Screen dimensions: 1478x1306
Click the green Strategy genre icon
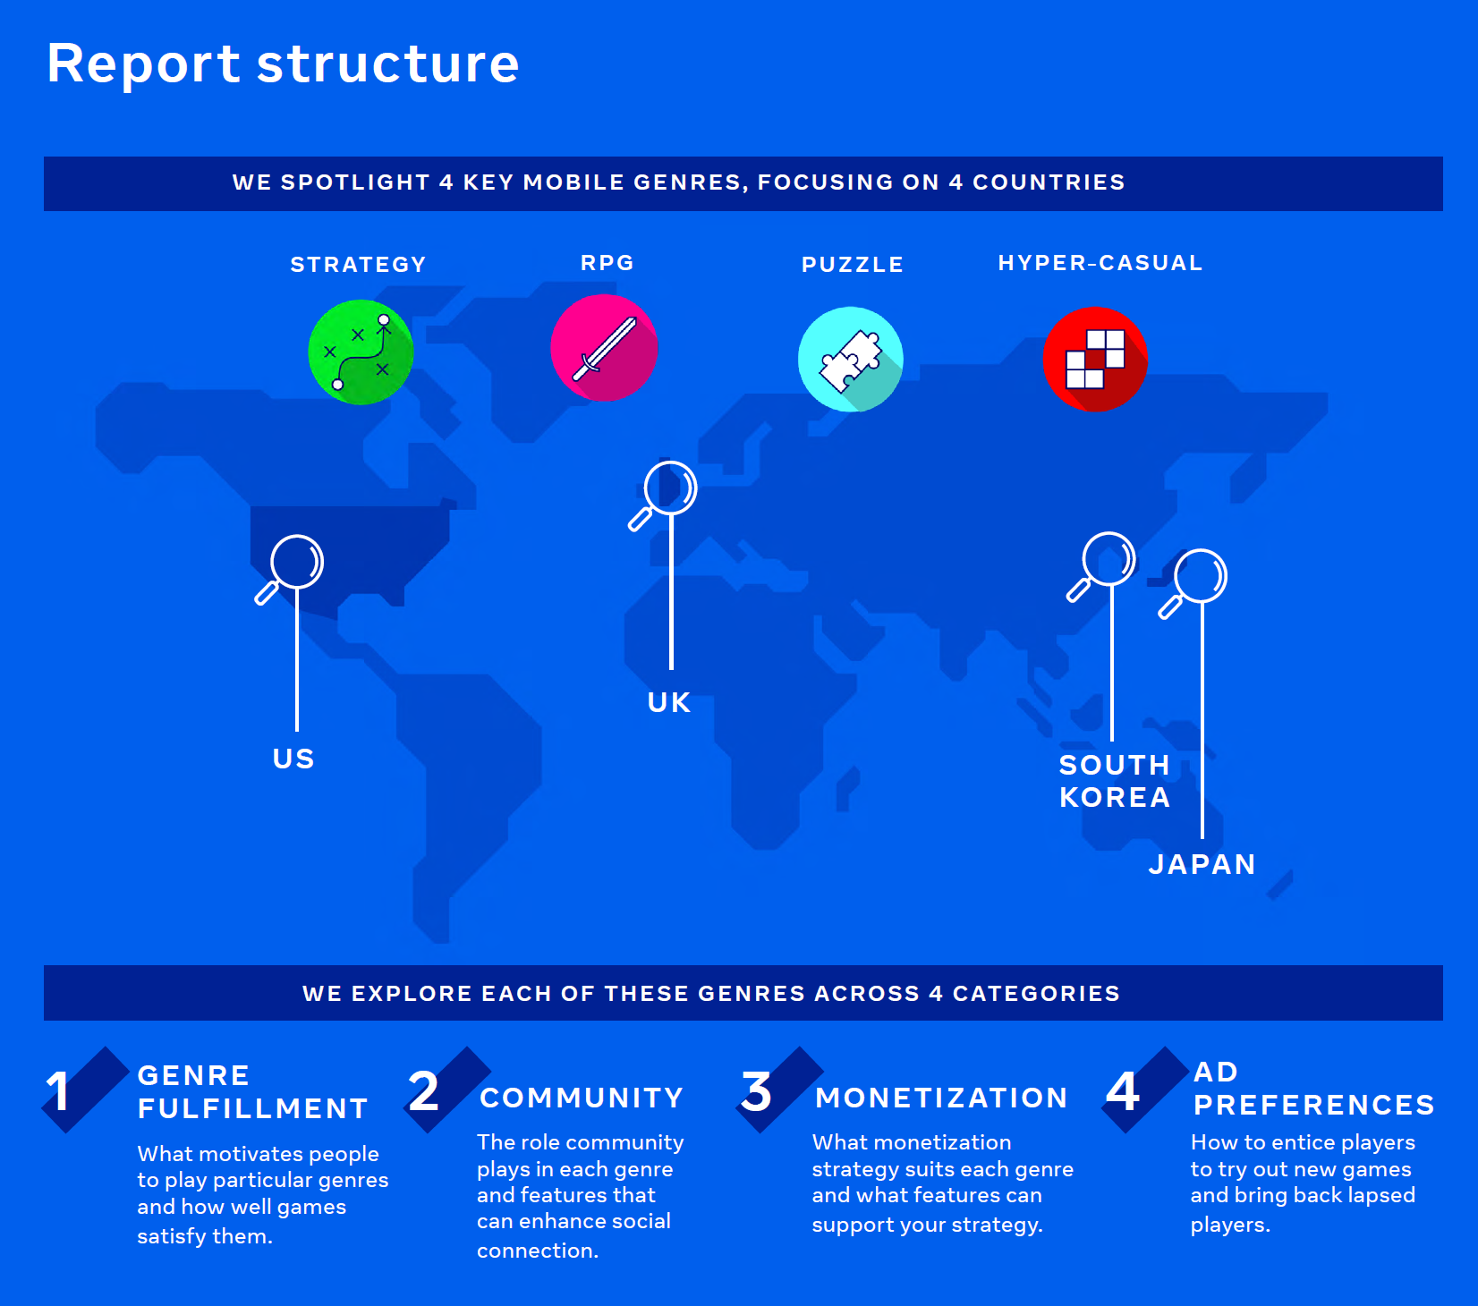click(x=361, y=352)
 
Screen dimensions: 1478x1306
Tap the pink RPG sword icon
click(x=604, y=348)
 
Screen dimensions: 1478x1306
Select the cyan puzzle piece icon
click(x=851, y=360)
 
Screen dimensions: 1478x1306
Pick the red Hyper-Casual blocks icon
click(x=1095, y=360)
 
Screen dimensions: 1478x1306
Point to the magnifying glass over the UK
click(x=663, y=496)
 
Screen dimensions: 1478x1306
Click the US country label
click(x=293, y=759)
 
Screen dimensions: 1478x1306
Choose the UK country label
click(x=669, y=702)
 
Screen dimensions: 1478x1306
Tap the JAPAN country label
click(x=1202, y=864)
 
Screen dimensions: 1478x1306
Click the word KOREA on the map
click(x=1115, y=797)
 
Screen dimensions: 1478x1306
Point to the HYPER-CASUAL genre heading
click(x=1100, y=263)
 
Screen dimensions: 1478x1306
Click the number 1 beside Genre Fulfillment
click(x=58, y=1091)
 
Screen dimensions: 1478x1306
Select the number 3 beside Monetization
click(x=756, y=1091)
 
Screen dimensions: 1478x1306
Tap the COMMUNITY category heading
click(x=582, y=1098)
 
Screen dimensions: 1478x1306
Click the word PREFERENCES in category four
click(x=1314, y=1105)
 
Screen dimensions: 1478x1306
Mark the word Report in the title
click(x=143, y=64)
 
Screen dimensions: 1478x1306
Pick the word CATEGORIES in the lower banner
click(x=1036, y=994)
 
